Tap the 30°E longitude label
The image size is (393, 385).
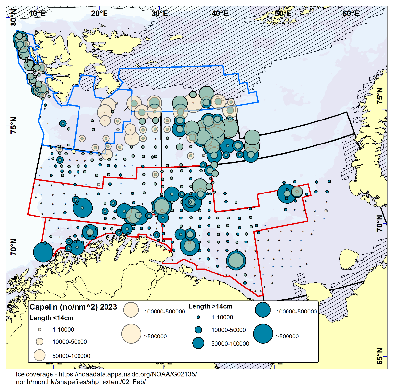click(x=159, y=13)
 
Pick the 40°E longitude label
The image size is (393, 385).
click(x=219, y=13)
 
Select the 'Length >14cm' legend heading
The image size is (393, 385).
click(x=210, y=307)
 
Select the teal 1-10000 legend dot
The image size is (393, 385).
click(x=199, y=317)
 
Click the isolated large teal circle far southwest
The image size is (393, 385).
click(x=43, y=253)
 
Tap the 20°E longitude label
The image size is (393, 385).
click(x=100, y=13)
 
